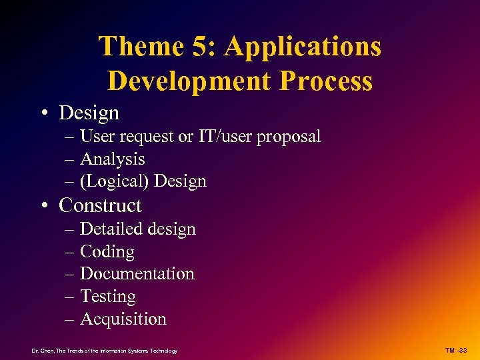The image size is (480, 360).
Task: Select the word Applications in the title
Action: tap(303, 47)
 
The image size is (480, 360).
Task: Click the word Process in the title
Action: tap(327, 81)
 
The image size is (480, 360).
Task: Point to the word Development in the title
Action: tap(189, 81)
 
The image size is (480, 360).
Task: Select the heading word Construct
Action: tap(100, 205)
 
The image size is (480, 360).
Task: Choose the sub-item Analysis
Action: tap(112, 159)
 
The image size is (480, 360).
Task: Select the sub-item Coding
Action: tap(107, 252)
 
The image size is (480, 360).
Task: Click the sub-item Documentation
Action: tap(137, 274)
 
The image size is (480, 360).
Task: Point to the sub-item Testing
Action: tap(107, 297)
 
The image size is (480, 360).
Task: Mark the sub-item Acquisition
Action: tap(123, 319)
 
